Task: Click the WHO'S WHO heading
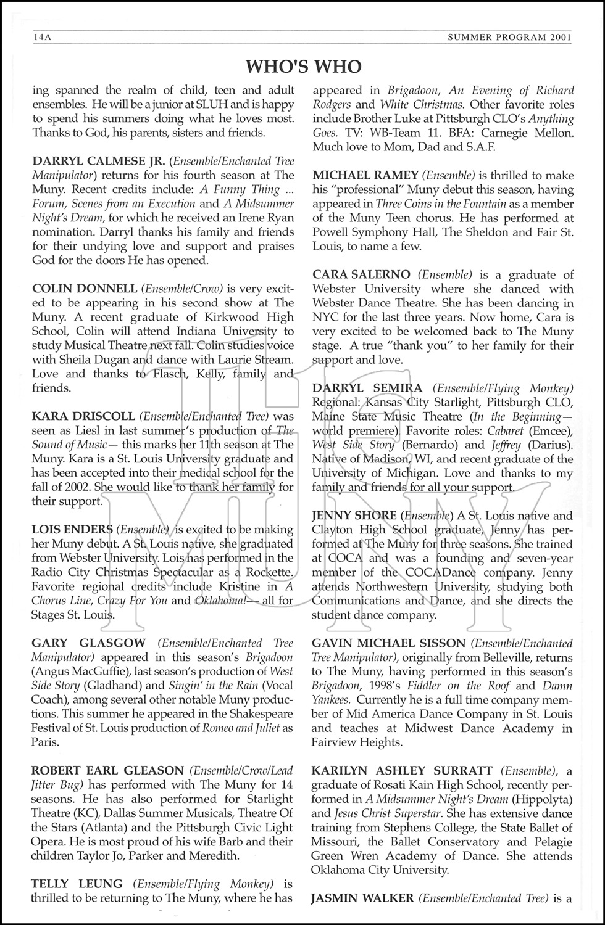(x=303, y=66)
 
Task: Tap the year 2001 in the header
(x=558, y=38)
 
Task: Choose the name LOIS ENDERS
(x=72, y=530)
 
